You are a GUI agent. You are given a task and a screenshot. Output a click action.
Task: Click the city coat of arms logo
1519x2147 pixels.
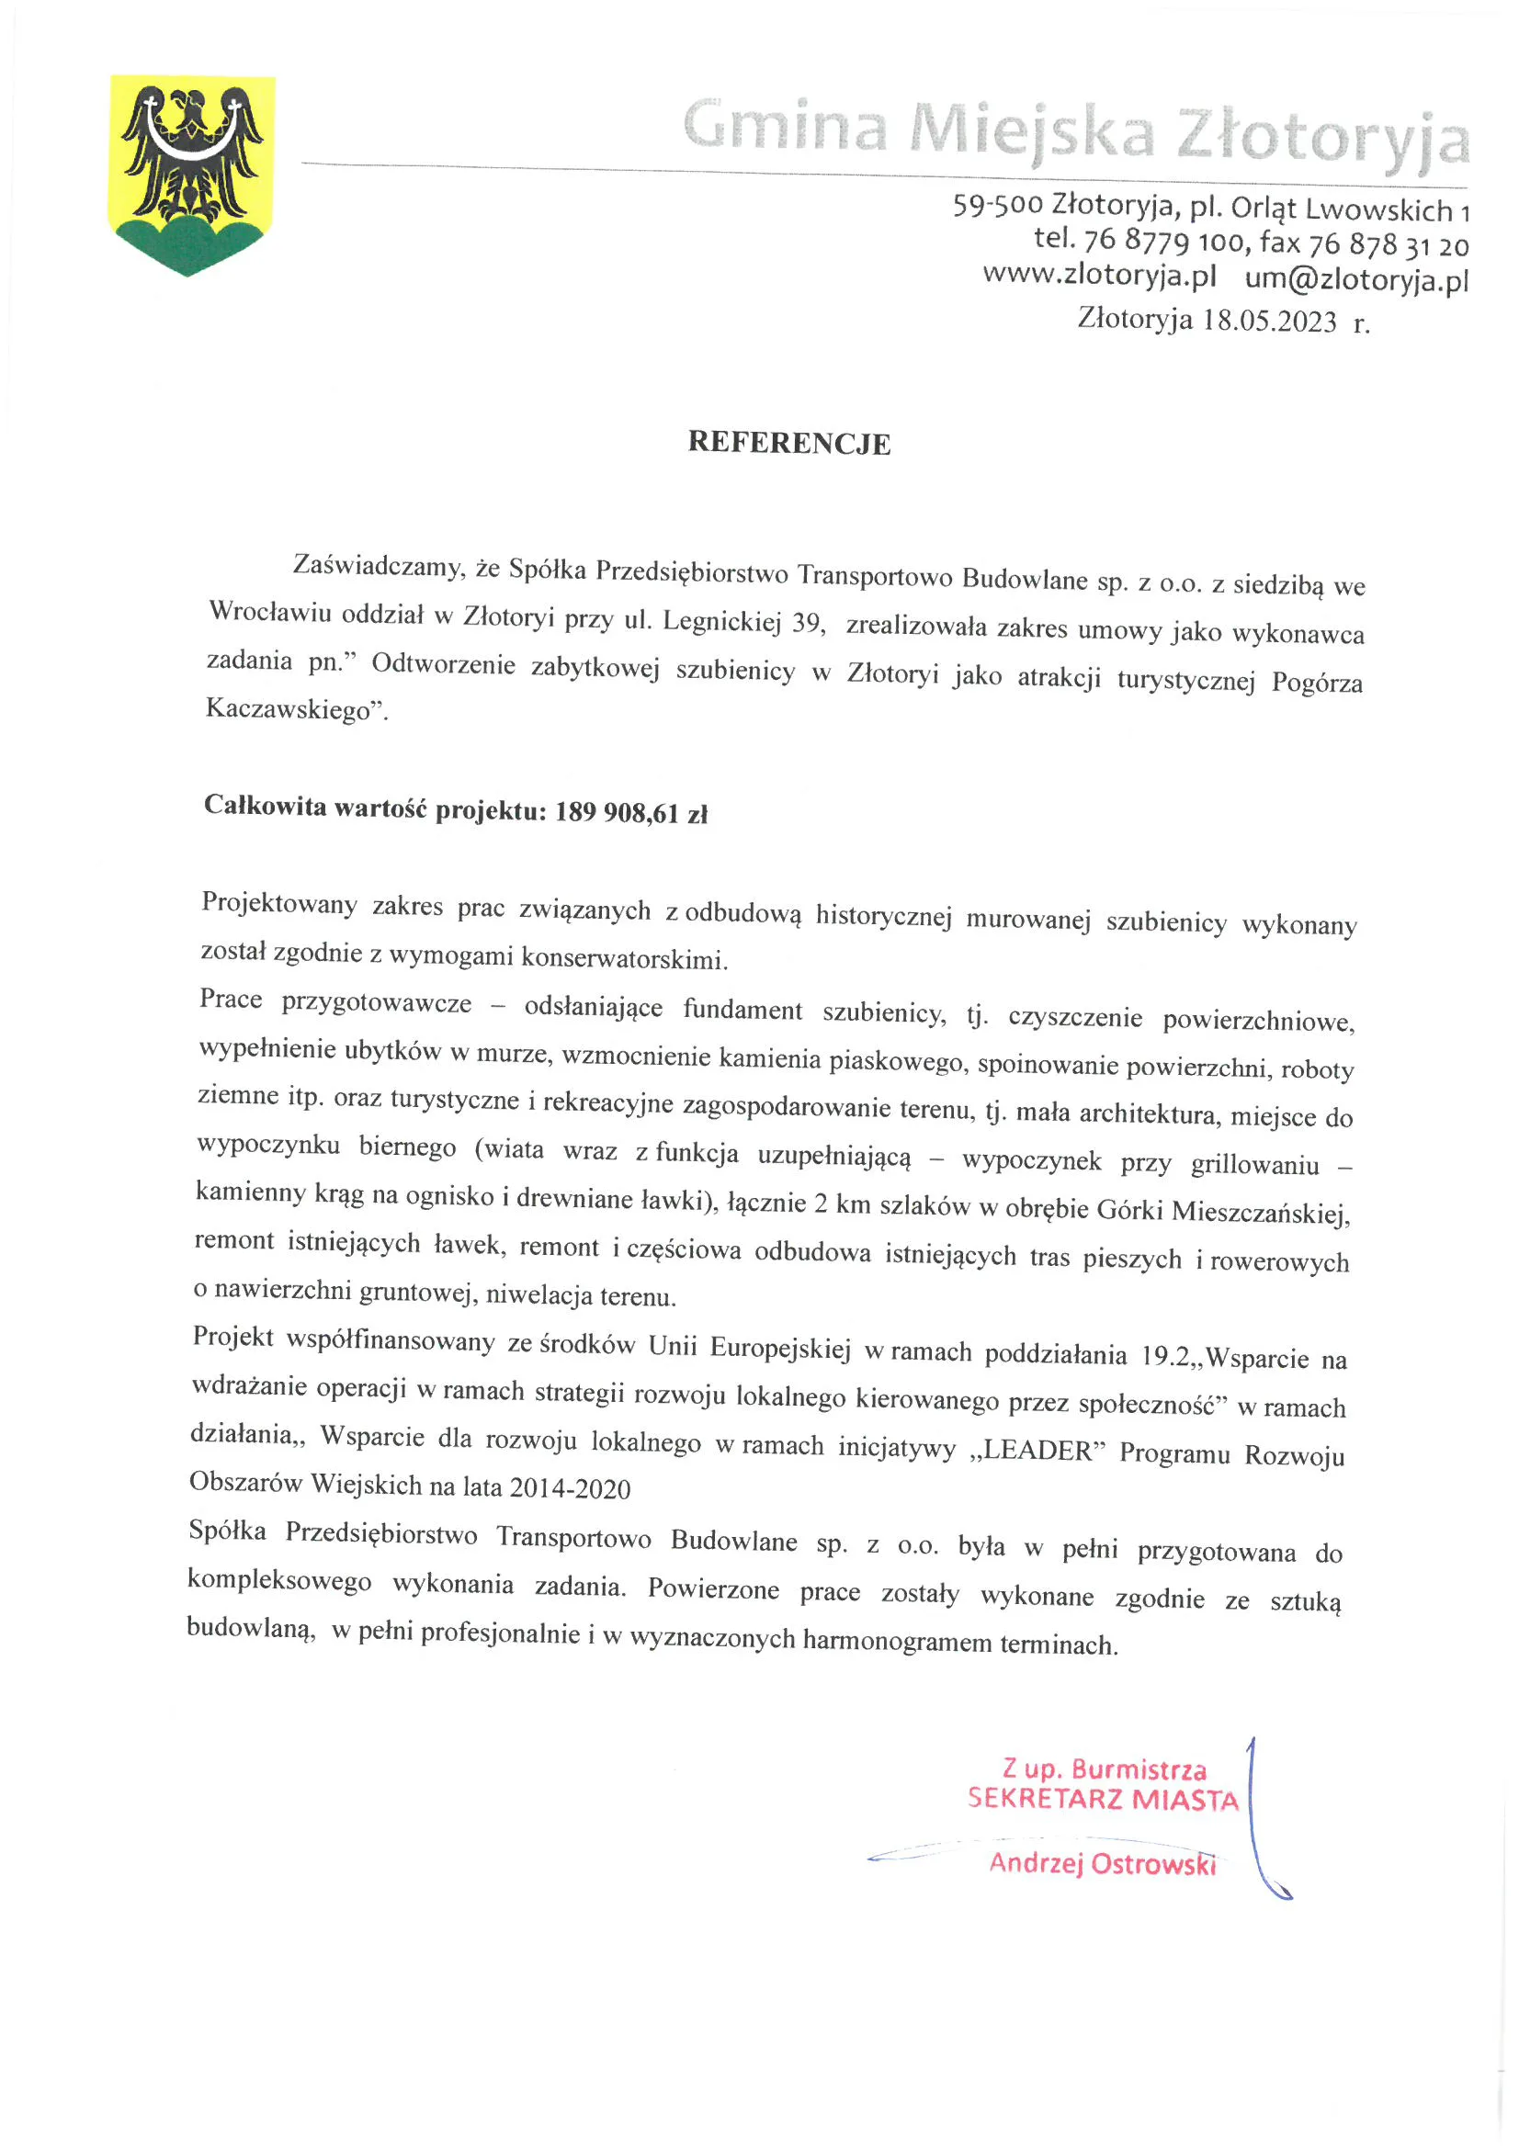[x=192, y=175]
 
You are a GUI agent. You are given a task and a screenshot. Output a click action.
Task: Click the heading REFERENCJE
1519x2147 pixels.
[x=788, y=443]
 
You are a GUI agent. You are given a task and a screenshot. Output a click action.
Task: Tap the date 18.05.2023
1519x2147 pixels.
[x=1269, y=321]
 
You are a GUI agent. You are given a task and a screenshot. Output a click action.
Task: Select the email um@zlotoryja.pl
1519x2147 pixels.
[x=1356, y=278]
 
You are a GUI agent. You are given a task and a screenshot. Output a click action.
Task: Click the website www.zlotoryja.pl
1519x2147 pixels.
[x=1099, y=276]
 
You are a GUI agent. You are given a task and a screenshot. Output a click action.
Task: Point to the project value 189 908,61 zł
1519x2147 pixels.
[x=631, y=812]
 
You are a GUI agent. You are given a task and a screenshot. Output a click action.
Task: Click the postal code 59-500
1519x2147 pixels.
[x=997, y=204]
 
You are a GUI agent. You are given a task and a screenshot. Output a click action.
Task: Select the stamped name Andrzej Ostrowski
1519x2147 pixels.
[x=1102, y=1863]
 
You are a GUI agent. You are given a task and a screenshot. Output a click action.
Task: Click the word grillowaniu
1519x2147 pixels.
[x=1254, y=1165]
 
